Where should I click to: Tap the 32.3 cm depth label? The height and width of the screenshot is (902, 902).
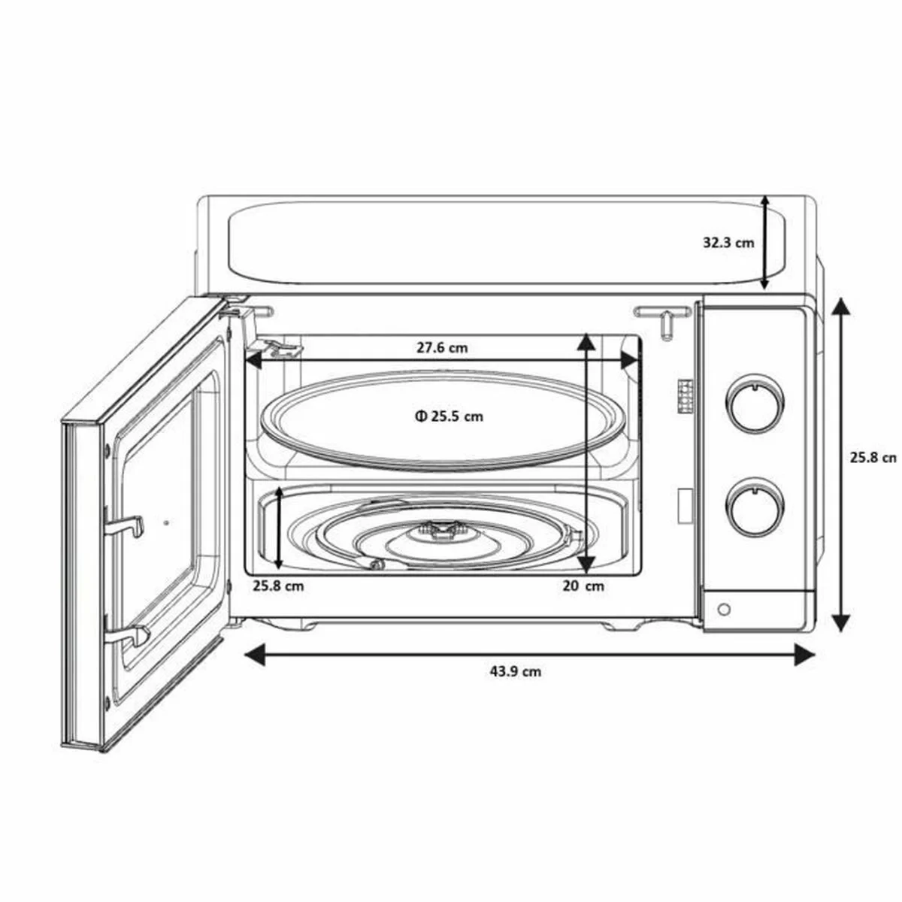pos(728,243)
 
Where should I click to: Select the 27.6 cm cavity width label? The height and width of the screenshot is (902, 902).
pos(442,347)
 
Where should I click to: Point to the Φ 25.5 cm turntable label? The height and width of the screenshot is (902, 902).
pos(448,416)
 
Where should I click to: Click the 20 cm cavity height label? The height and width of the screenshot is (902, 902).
pos(583,586)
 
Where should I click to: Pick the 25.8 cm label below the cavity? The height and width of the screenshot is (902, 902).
pos(278,586)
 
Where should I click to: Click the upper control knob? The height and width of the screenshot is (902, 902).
pos(752,406)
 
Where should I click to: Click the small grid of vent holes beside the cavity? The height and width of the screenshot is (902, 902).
pos(686,393)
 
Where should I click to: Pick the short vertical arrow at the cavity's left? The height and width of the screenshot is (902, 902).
pos(279,528)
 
